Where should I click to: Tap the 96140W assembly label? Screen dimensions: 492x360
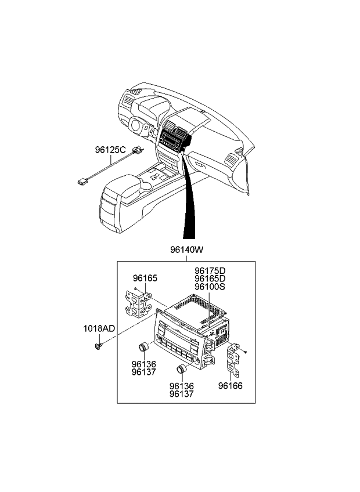click(x=187, y=251)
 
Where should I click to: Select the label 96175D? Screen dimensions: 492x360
click(x=210, y=271)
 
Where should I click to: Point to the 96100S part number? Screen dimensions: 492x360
click(x=210, y=287)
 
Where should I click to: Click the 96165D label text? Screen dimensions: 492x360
click(x=210, y=279)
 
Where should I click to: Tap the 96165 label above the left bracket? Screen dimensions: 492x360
click(x=145, y=278)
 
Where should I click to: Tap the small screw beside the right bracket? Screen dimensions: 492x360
click(x=246, y=352)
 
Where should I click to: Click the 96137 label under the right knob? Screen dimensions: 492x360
click(x=182, y=394)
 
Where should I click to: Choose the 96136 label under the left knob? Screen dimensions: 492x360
click(x=143, y=364)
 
